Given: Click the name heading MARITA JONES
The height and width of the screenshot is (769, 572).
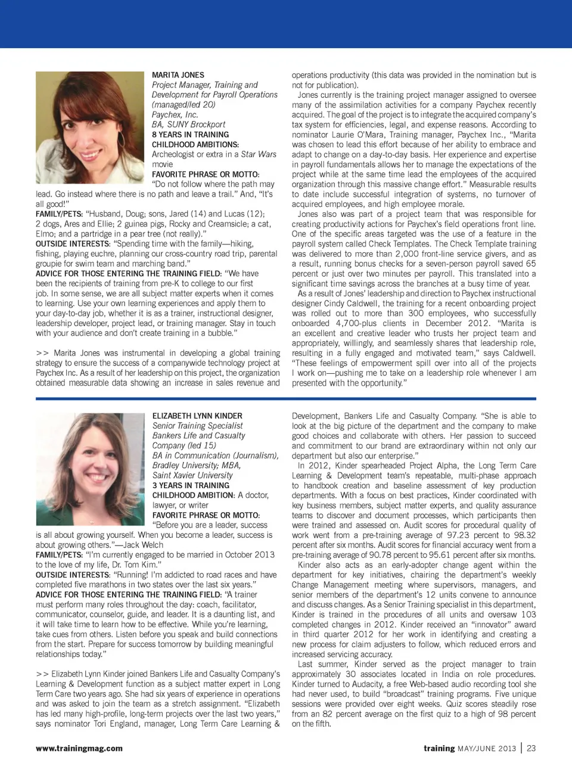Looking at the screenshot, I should (x=178, y=75).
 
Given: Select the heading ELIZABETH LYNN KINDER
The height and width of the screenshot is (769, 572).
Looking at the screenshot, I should (x=197, y=415).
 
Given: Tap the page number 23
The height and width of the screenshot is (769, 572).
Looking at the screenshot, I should (x=531, y=748).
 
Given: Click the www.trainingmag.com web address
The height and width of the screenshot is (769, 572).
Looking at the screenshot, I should (x=79, y=748).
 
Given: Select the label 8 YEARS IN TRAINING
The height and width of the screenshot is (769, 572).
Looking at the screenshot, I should (x=190, y=135).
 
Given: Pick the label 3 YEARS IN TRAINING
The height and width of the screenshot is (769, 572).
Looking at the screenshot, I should (x=191, y=485).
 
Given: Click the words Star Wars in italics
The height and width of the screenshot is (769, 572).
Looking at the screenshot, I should (x=259, y=154).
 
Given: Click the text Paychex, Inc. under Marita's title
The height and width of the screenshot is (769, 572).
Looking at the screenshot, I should (x=175, y=114).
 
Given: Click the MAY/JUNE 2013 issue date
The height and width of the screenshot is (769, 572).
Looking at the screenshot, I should (x=486, y=749).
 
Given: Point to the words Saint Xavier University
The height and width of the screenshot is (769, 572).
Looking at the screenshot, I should (x=192, y=475).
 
